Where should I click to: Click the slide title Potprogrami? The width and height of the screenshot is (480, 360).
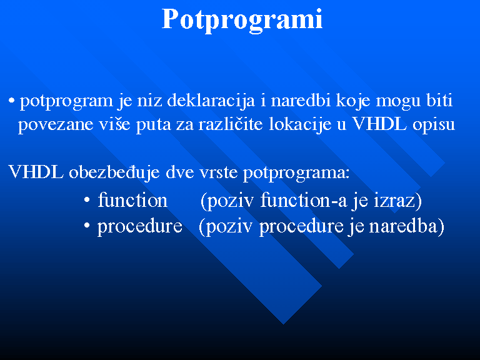click(x=242, y=20)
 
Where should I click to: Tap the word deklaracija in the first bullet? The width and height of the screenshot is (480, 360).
click(x=211, y=101)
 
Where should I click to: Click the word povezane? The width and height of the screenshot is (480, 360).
click(x=56, y=124)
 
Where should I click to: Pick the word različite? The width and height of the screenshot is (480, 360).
click(x=231, y=124)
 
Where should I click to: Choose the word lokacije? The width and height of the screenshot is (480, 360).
click(x=300, y=124)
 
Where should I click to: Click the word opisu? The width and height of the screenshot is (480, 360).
click(x=434, y=125)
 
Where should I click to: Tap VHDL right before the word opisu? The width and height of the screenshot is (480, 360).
click(x=380, y=124)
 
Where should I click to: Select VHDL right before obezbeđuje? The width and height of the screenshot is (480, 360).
click(x=36, y=171)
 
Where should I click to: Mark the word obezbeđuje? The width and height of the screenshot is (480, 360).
click(x=114, y=172)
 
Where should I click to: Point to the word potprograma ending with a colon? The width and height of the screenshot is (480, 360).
click(x=296, y=173)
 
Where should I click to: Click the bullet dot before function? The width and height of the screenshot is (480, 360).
click(x=87, y=200)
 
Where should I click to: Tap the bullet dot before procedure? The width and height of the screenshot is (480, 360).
click(x=87, y=226)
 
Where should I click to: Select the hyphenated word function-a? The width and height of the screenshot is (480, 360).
click(x=304, y=200)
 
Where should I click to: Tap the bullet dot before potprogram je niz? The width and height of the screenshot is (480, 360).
click(x=12, y=101)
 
